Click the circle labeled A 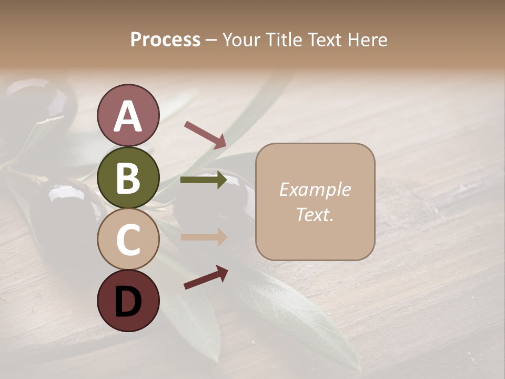128,116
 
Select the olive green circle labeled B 128,177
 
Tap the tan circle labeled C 128,239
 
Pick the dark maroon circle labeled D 128,301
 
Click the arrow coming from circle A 205,134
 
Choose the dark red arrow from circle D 206,277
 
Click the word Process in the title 165,39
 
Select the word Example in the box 315,189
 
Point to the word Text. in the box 315,214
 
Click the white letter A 128,116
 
